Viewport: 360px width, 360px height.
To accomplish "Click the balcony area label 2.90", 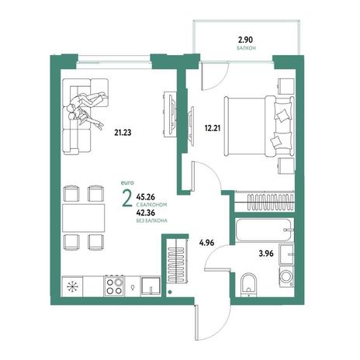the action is pos(245,40).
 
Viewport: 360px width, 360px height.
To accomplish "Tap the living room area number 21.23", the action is pos(123,133).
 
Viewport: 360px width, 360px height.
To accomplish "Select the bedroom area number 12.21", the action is pos(213,128).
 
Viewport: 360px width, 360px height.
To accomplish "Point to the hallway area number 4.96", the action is pos(206,243).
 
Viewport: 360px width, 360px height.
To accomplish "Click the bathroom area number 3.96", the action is pos(266,254).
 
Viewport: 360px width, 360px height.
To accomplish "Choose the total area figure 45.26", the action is pos(146,197).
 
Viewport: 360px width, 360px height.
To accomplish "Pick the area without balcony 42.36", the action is pos(146,213).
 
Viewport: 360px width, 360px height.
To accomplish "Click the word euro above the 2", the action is pos(127,183).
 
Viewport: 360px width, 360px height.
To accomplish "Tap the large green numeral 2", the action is pos(127,199).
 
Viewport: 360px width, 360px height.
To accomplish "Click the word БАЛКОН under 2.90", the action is pos(247,48).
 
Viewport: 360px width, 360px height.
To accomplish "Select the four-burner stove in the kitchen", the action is pos(114,286).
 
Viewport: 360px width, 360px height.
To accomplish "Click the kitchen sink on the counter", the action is pos(151,286).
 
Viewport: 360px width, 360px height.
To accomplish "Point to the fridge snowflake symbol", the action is pos(72,286).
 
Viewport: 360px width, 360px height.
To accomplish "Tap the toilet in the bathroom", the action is pos(248,285).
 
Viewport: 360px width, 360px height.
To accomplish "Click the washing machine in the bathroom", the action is pos(286,277).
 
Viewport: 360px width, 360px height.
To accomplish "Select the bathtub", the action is pos(265,230).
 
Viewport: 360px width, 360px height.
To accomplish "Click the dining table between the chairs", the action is pos(84,218).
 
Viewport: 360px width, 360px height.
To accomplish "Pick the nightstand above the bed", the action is pos(286,87).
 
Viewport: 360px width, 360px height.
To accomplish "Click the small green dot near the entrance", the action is pos(169,292).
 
